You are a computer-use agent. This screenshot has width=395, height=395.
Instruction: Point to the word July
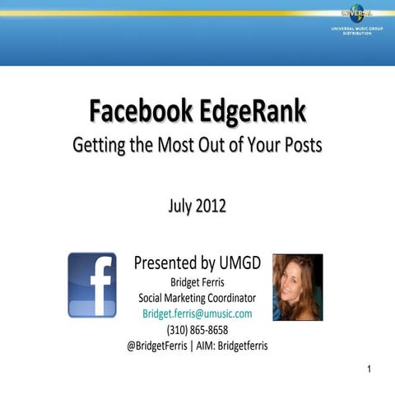(180, 206)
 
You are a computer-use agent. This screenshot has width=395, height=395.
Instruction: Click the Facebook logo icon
(91, 285)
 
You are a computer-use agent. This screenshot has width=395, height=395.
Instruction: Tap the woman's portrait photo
(297, 286)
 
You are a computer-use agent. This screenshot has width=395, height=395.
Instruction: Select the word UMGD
(242, 263)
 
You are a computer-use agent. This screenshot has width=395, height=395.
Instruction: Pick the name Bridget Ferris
(197, 282)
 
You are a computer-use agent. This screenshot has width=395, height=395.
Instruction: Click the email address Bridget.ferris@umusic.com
(197, 314)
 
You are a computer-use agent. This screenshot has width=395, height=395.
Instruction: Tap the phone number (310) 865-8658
(197, 330)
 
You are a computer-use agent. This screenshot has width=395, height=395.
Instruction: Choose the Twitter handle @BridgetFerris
(157, 346)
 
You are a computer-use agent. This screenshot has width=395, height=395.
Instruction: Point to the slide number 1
(369, 369)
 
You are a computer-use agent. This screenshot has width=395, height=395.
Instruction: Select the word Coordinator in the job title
(228, 298)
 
